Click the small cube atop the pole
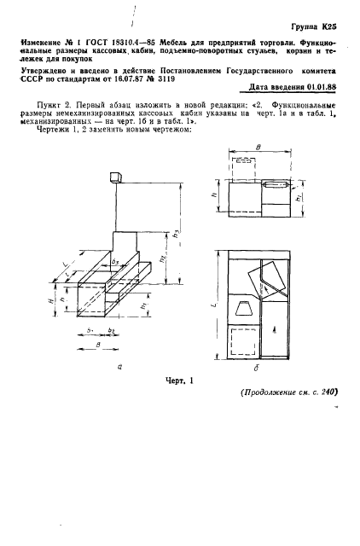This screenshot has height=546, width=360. click(115, 177)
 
